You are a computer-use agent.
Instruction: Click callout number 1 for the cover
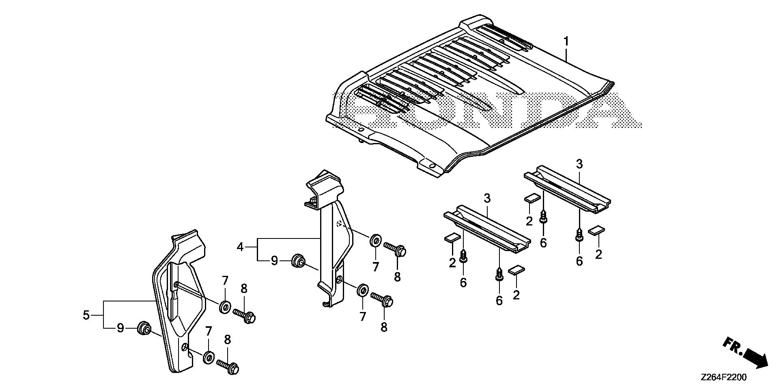(x=566, y=41)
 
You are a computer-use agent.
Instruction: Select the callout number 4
(x=240, y=247)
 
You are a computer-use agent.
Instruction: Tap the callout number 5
(x=86, y=315)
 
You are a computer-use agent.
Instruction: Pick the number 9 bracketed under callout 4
(x=275, y=260)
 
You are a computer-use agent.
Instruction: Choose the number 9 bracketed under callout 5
(x=121, y=328)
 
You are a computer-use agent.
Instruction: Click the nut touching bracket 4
(x=299, y=261)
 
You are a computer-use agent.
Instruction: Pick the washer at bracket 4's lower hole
(x=362, y=291)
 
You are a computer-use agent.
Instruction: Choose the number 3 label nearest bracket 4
(x=487, y=198)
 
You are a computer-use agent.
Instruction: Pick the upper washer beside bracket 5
(x=225, y=306)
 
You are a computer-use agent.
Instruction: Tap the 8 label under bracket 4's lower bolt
(x=384, y=326)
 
